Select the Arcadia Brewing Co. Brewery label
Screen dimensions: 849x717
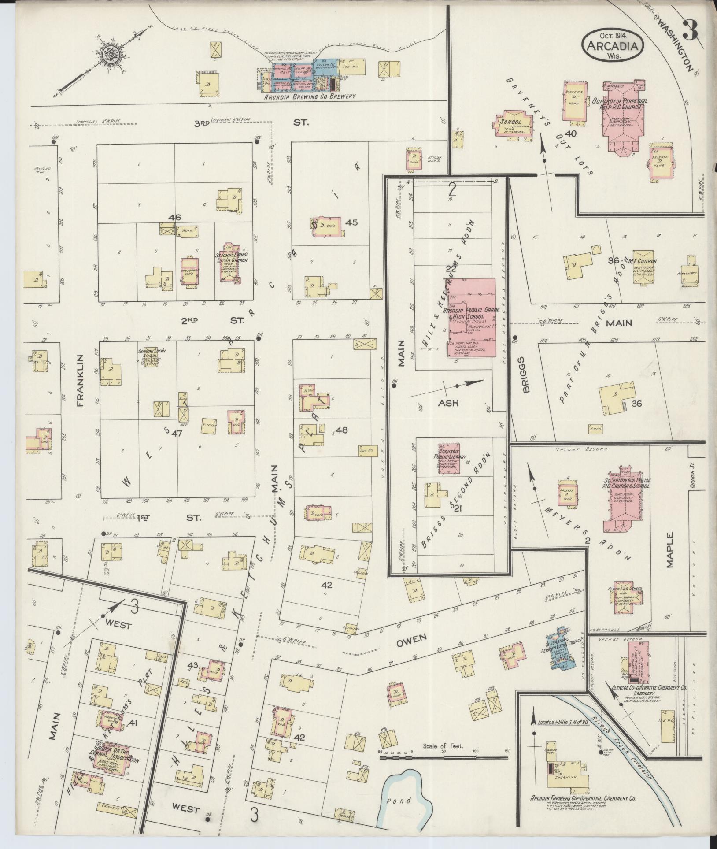point(310,96)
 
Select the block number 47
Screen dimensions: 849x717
point(177,434)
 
